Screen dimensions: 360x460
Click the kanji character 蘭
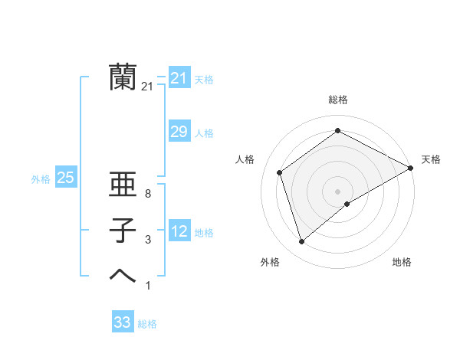pos(123,77)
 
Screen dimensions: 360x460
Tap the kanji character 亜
pos(123,186)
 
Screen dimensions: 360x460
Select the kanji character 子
pos(123,231)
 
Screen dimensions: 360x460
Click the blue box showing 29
pos(179,132)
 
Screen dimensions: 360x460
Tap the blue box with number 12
pos(179,231)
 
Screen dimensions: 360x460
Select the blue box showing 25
pos(65,178)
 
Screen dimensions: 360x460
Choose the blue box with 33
pos(123,322)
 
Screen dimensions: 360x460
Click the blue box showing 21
pos(179,78)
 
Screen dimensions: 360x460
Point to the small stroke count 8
pos(147,195)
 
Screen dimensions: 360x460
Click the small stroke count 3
pos(147,241)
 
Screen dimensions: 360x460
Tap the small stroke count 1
pos(147,286)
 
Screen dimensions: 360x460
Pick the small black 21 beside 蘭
pos(147,87)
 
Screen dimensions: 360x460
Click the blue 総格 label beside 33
pos(147,324)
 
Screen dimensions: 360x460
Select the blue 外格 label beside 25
pos(41,179)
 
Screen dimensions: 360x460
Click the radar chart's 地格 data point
pos(347,203)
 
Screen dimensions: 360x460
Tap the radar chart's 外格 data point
pos(302,242)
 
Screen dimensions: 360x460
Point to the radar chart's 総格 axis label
pos(338,100)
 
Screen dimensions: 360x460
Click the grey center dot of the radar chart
pos(338,191)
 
